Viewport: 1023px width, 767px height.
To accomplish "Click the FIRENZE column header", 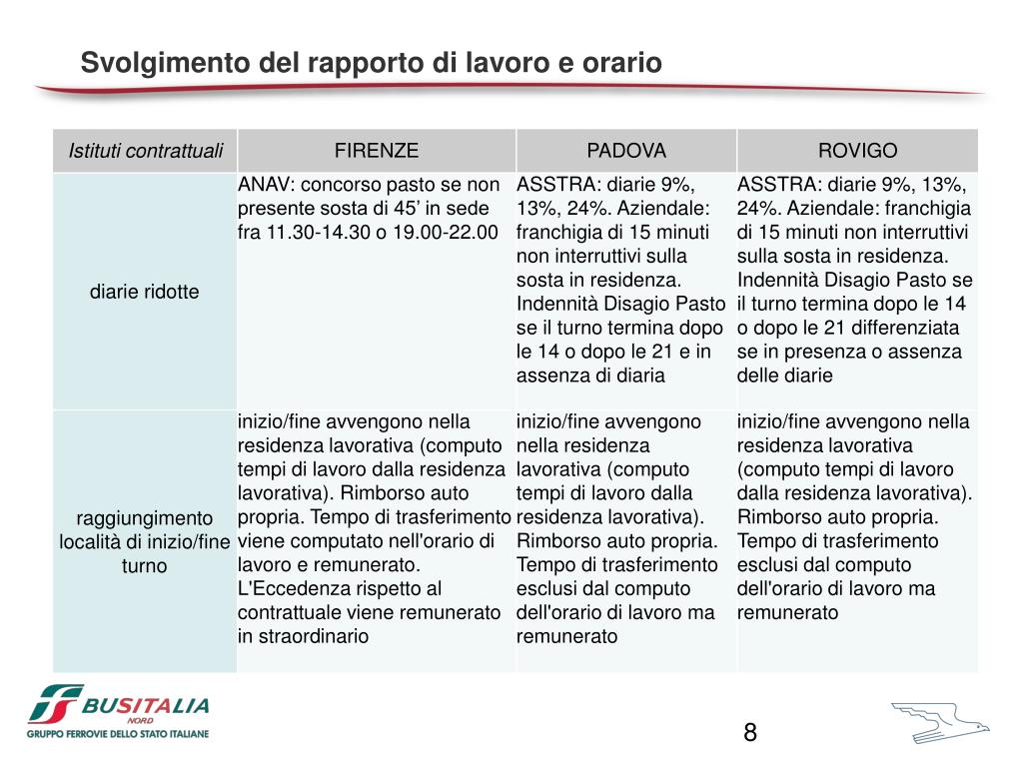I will pyautogui.click(x=377, y=151).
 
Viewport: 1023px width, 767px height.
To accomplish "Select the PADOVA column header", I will pyautogui.click(x=626, y=151).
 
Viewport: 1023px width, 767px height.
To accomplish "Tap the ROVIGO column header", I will pyautogui.click(x=857, y=151).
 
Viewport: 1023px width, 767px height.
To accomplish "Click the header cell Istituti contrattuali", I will pyautogui.click(x=146, y=151).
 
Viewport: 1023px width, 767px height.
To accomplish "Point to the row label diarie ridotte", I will pyautogui.click(x=145, y=292).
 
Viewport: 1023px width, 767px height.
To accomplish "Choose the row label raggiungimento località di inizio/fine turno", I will pyautogui.click(x=145, y=541).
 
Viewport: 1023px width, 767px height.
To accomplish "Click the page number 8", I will pyautogui.click(x=750, y=733).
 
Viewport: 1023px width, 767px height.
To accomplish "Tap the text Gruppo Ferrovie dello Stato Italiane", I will pyautogui.click(x=119, y=734).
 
